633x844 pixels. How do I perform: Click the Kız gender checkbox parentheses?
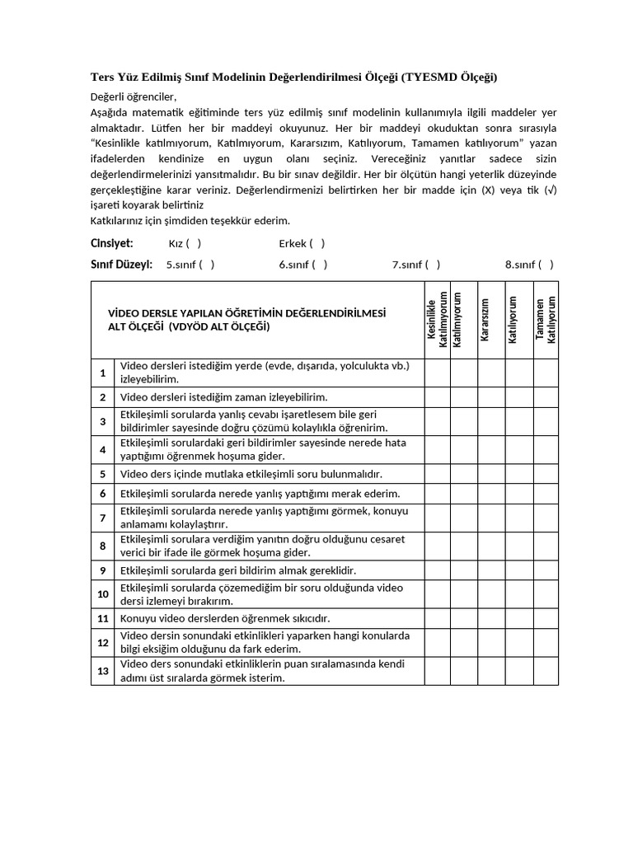193,243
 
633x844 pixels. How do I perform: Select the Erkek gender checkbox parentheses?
317,243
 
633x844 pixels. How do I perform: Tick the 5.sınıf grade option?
207,265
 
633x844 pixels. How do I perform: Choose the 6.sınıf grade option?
320,265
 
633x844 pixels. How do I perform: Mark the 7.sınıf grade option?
433,265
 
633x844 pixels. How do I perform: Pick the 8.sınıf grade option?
546,265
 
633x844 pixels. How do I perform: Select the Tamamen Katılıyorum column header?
545,320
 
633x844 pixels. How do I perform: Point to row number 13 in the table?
103,672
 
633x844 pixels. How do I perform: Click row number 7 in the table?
103,518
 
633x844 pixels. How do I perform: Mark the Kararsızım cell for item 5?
491,474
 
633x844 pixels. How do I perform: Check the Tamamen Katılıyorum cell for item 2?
545,397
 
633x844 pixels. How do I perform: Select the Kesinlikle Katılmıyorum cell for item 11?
437,618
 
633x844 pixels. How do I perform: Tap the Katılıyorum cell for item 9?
518,570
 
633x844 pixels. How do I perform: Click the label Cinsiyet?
111,243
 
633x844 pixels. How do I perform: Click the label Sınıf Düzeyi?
121,265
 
